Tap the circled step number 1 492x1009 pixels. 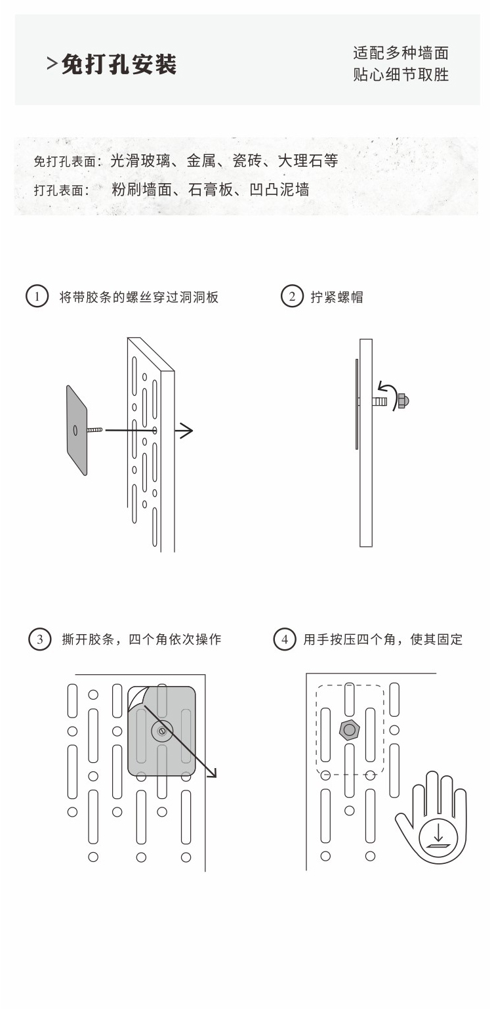tap(37, 297)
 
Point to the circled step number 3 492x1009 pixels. tap(40, 639)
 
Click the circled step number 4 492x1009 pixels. tap(284, 639)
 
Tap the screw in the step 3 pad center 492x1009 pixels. tap(161, 730)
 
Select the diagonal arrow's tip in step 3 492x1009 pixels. tap(213, 775)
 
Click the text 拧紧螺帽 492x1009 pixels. tap(337, 297)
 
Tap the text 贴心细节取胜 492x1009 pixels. tap(401, 75)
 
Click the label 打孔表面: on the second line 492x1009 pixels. tap(61, 190)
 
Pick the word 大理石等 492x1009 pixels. tap(308, 160)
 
